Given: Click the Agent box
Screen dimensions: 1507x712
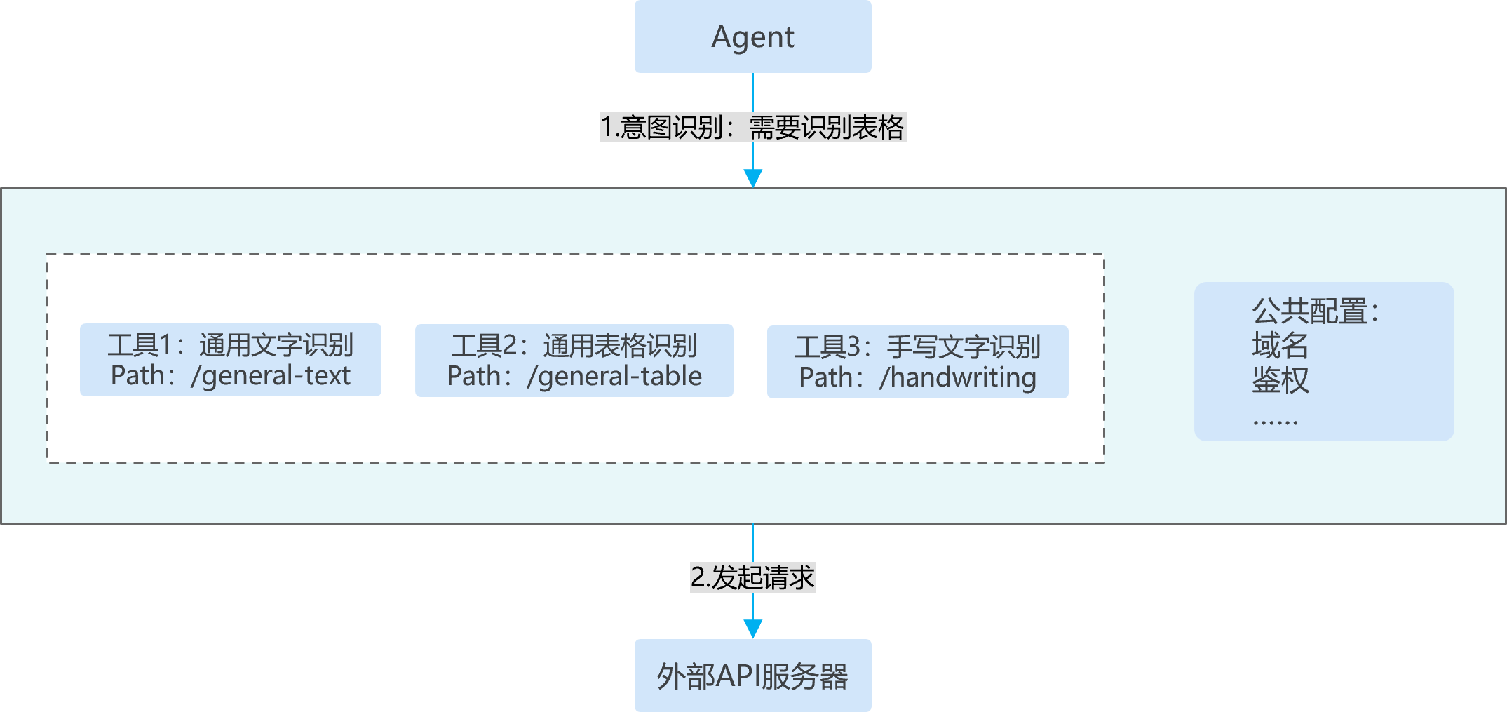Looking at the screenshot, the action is (752, 36).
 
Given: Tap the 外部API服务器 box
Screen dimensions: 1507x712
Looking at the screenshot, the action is (752, 676).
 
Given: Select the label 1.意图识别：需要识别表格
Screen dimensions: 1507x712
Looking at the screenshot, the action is (752, 127).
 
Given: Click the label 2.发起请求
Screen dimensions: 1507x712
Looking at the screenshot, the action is (752, 577).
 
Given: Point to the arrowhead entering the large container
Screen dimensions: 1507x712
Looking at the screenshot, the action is (753, 178).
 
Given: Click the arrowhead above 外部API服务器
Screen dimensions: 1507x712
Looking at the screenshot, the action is (753, 629).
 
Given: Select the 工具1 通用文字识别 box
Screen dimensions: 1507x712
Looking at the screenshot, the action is (231, 360).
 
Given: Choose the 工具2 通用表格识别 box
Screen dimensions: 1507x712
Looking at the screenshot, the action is (574, 361).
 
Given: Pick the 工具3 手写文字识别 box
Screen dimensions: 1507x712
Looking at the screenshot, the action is (918, 362).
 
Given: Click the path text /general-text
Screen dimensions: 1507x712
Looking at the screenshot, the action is (271, 376).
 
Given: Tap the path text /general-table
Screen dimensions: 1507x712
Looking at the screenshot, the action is (614, 377).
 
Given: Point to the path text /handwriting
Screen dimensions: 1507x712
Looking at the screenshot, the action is (958, 378).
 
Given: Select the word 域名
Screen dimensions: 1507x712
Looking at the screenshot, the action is (1280, 345).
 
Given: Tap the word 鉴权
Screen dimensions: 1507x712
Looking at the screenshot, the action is (1280, 380).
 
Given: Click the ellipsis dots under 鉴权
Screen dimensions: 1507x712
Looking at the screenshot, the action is (1276, 422).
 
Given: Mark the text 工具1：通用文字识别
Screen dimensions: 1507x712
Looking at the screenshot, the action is (231, 345).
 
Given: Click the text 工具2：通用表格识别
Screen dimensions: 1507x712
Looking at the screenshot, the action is (574, 346).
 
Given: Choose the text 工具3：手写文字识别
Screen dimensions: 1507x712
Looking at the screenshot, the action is (918, 347).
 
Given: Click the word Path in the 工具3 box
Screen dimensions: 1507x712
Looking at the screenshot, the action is (826, 378).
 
